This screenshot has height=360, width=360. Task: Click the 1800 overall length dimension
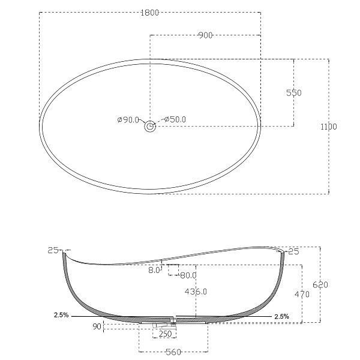click(149, 13)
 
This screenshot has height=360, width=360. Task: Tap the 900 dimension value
click(205, 35)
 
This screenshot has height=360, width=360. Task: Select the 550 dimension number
click(294, 93)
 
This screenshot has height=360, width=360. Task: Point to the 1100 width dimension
click(329, 127)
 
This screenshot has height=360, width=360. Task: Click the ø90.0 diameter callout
click(128, 119)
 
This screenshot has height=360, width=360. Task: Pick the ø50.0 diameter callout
click(175, 119)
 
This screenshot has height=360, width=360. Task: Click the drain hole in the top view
click(150, 126)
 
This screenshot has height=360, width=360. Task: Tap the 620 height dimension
click(320, 284)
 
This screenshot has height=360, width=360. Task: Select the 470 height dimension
click(302, 294)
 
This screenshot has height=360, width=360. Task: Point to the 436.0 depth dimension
click(196, 292)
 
